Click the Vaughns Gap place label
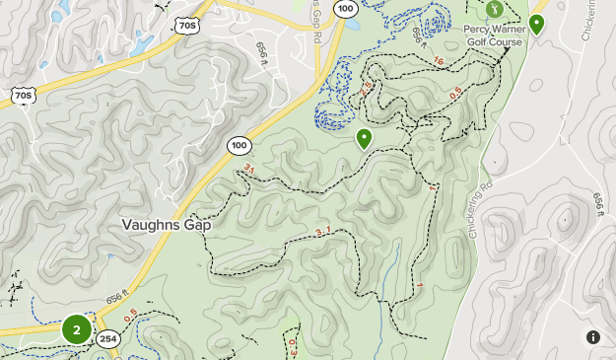(x=167, y=224)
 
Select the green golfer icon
(x=494, y=9)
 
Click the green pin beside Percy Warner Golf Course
(x=537, y=24)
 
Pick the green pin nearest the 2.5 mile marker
(x=365, y=138)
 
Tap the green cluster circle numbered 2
(x=77, y=329)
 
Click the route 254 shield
(x=107, y=339)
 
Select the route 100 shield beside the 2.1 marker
(x=239, y=145)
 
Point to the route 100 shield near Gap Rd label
(x=345, y=8)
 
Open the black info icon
(x=593, y=337)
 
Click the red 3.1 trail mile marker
(x=323, y=233)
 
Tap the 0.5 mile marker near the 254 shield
(x=132, y=316)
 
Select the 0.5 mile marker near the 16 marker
(x=454, y=95)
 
